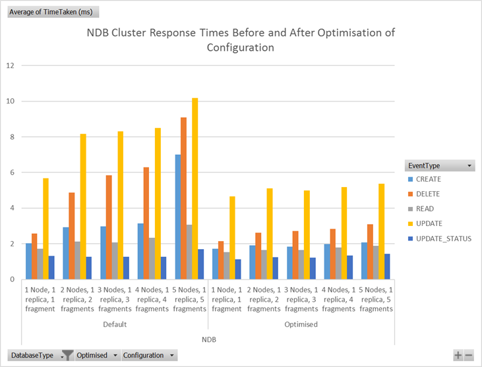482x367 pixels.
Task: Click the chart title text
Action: [241, 40]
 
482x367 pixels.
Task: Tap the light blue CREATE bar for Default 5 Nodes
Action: [178, 217]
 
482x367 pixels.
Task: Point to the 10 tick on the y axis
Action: [10, 101]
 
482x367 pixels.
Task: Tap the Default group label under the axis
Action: [114, 324]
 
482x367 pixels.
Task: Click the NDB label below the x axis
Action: [208, 339]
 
